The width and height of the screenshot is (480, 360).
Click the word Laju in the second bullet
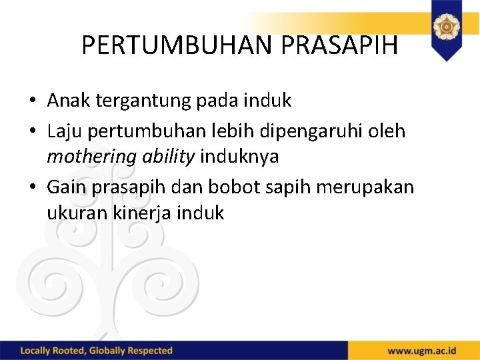pos(65,131)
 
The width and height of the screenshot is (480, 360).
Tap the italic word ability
pos(168,157)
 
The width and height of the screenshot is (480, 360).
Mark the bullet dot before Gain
pos(33,188)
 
